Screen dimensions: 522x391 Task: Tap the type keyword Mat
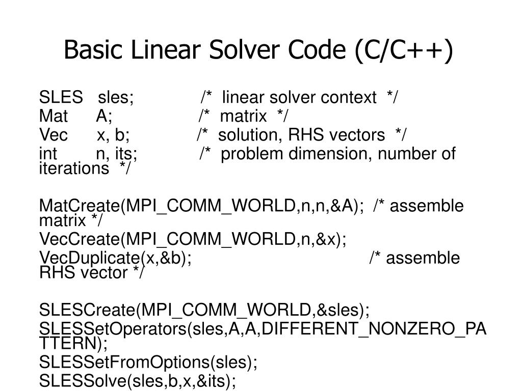pyautogui.click(x=53, y=116)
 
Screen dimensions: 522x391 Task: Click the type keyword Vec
pyautogui.click(x=53, y=135)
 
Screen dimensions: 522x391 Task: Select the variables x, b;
pyautogui.click(x=113, y=135)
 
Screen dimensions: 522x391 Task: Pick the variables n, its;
pyautogui.click(x=117, y=154)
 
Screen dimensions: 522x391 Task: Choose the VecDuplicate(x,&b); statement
pyautogui.click(x=115, y=258)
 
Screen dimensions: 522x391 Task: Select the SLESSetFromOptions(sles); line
pyautogui.click(x=148, y=362)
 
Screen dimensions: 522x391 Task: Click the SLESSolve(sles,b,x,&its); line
pyautogui.click(x=138, y=381)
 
